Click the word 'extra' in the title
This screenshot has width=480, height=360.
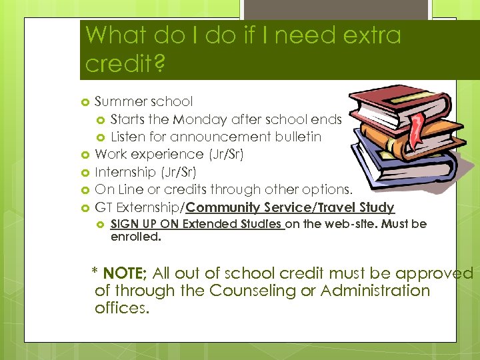coord(369,34)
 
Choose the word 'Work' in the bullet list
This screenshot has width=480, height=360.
coord(111,155)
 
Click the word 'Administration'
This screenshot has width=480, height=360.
coord(378,291)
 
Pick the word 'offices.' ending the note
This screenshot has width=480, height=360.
coord(122,308)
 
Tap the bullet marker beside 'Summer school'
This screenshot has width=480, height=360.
coord(85,102)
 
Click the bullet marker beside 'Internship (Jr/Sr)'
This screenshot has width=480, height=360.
coord(85,172)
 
